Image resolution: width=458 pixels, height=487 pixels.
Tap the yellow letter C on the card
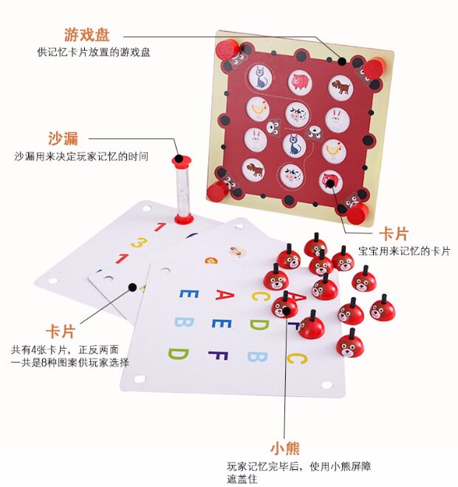coord(260,296)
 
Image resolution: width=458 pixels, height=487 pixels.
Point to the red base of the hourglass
coord(183,219)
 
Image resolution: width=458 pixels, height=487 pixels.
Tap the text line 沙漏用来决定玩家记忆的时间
coord(81,157)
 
